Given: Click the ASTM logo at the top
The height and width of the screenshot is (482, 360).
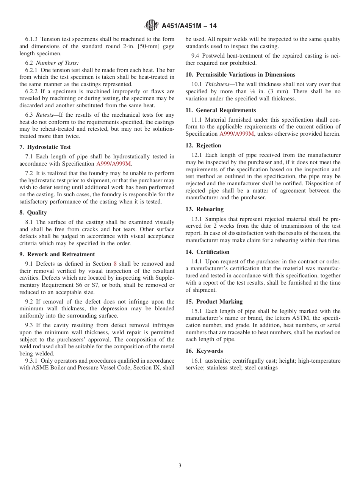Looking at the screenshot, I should (152, 26).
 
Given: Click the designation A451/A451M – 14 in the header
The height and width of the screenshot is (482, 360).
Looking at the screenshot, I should (189, 26).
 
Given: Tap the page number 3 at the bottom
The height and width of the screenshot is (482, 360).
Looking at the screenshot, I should (180, 465).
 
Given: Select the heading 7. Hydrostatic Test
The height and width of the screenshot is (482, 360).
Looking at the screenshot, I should (45, 147).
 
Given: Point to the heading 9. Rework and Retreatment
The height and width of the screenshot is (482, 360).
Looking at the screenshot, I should (57, 254).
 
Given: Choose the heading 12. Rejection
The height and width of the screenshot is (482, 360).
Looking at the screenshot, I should (203, 146).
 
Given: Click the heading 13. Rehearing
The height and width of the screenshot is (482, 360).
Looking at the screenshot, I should (205, 209).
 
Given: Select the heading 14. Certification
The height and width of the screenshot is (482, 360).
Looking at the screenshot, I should (207, 252).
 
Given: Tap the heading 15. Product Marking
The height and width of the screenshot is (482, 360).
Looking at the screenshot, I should (214, 302).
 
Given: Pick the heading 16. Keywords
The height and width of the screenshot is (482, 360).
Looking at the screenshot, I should (204, 351).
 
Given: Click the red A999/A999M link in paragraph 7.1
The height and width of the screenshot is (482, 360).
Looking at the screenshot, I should (114, 164).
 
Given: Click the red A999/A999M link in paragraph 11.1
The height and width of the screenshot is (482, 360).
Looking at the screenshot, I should (237, 134).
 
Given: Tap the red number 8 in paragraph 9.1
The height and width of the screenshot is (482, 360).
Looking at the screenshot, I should (115, 264).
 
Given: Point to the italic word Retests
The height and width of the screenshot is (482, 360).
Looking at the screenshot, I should (44, 115).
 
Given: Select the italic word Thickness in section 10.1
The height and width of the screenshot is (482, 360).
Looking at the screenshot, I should (217, 84).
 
